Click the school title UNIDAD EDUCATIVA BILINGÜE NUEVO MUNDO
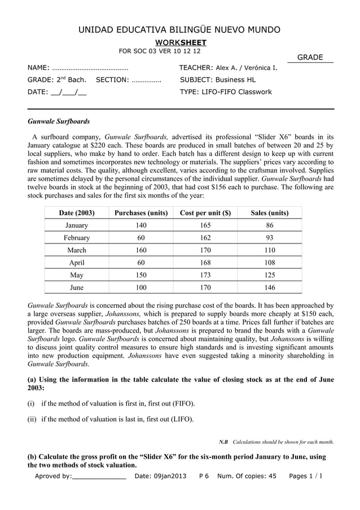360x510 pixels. point(179,29)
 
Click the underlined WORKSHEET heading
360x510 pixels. point(181,43)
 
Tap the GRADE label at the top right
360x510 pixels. point(310,58)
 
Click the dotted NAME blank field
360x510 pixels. point(90,68)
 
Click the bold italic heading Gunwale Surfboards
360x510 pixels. point(59,121)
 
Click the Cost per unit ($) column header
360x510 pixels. point(205,213)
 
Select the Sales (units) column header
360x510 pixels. point(269,213)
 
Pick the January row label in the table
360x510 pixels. point(76,225)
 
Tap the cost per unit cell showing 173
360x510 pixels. point(205,275)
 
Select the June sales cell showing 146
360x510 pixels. point(269,287)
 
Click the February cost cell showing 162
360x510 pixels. point(205,238)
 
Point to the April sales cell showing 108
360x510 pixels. point(269,263)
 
